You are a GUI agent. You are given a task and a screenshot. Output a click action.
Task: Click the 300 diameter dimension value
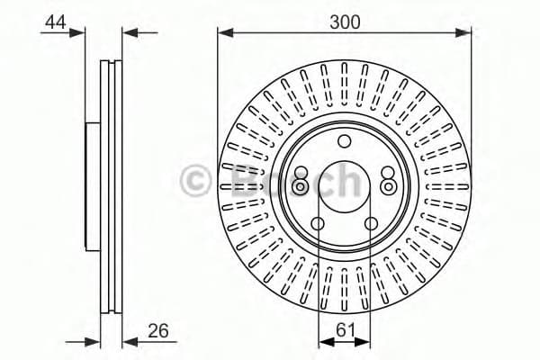coord(345,22)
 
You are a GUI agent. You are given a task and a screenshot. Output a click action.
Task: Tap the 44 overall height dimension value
coord(56,22)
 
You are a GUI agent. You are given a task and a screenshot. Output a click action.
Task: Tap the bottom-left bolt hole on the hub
coord(319,223)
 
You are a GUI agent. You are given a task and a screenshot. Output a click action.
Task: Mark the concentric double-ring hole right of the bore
coord(388,186)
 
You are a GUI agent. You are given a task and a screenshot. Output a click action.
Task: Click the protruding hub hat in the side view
coord(92,185)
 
